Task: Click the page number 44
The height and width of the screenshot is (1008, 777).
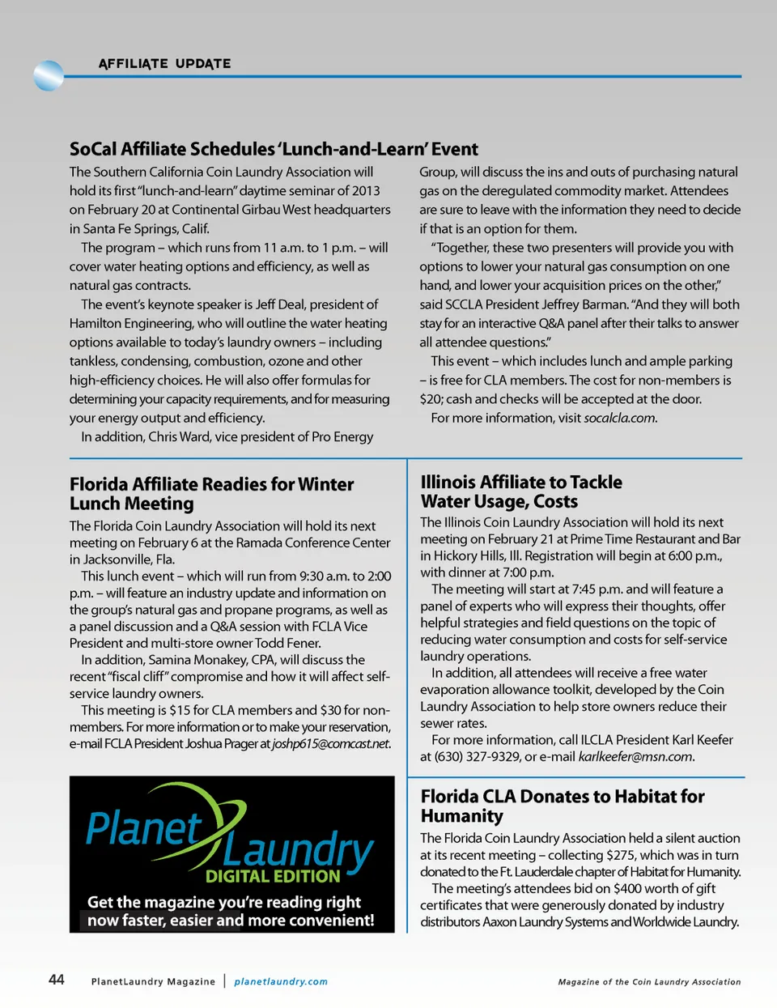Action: [x=57, y=980]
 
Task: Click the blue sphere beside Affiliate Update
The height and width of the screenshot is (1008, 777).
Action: [x=49, y=76]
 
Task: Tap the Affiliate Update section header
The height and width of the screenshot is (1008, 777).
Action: [x=164, y=64]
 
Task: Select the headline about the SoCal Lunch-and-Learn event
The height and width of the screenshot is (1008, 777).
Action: [x=274, y=149]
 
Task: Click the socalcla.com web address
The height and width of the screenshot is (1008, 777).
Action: [x=619, y=419]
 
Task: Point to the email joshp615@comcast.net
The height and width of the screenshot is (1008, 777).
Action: [x=331, y=744]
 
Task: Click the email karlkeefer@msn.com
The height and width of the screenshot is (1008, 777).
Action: [x=635, y=757]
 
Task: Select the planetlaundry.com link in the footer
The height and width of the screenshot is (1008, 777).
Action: [x=281, y=981]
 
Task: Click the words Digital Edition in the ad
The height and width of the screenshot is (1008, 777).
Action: [x=273, y=876]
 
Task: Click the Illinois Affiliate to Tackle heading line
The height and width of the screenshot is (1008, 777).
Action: [x=521, y=483]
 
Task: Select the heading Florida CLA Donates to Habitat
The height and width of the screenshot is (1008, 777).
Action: [x=563, y=797]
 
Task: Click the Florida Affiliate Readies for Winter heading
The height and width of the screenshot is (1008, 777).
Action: [x=211, y=484]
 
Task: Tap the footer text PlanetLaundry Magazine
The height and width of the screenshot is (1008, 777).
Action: [x=153, y=981]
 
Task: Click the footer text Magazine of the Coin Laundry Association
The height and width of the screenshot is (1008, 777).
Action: [x=649, y=982]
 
